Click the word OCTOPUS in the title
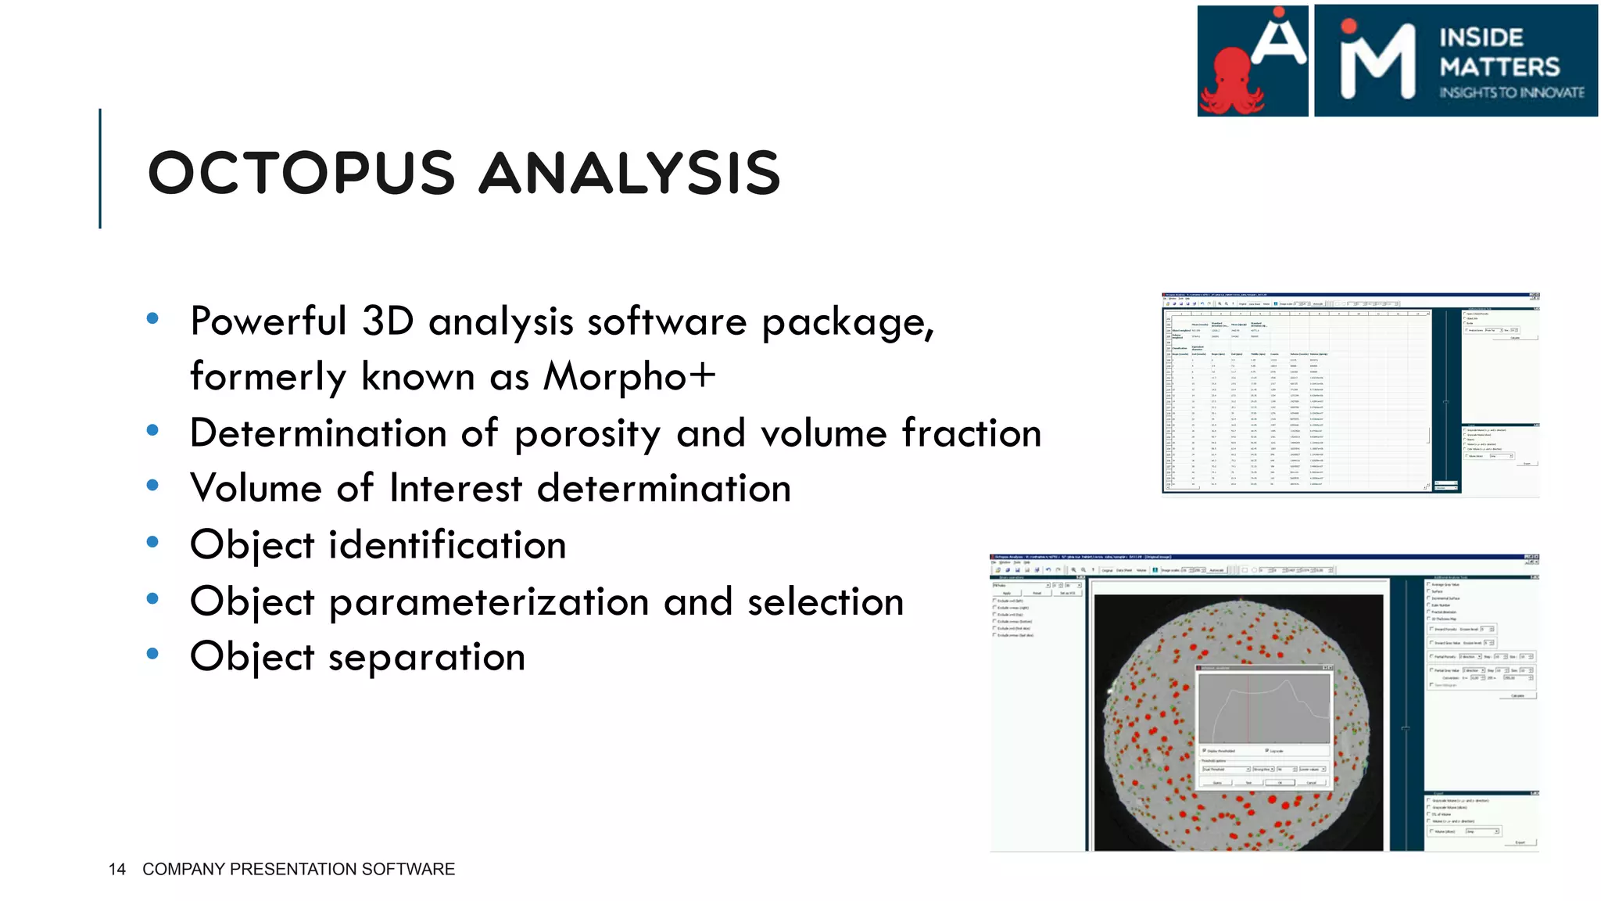click(x=301, y=173)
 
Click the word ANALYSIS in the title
click(x=629, y=173)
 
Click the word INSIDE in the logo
click(x=1481, y=38)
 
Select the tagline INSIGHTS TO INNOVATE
click(x=1512, y=92)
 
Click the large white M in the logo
click(x=1378, y=63)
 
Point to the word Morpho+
click(x=629, y=376)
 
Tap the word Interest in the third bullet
click(x=456, y=489)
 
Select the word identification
click(x=447, y=545)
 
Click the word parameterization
click(x=489, y=602)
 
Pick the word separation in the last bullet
click(x=427, y=657)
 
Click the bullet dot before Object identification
click(x=153, y=541)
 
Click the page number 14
click(x=117, y=869)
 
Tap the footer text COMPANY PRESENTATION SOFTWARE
click(x=299, y=869)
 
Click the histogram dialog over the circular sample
click(x=1263, y=727)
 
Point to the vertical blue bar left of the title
click(x=100, y=168)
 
